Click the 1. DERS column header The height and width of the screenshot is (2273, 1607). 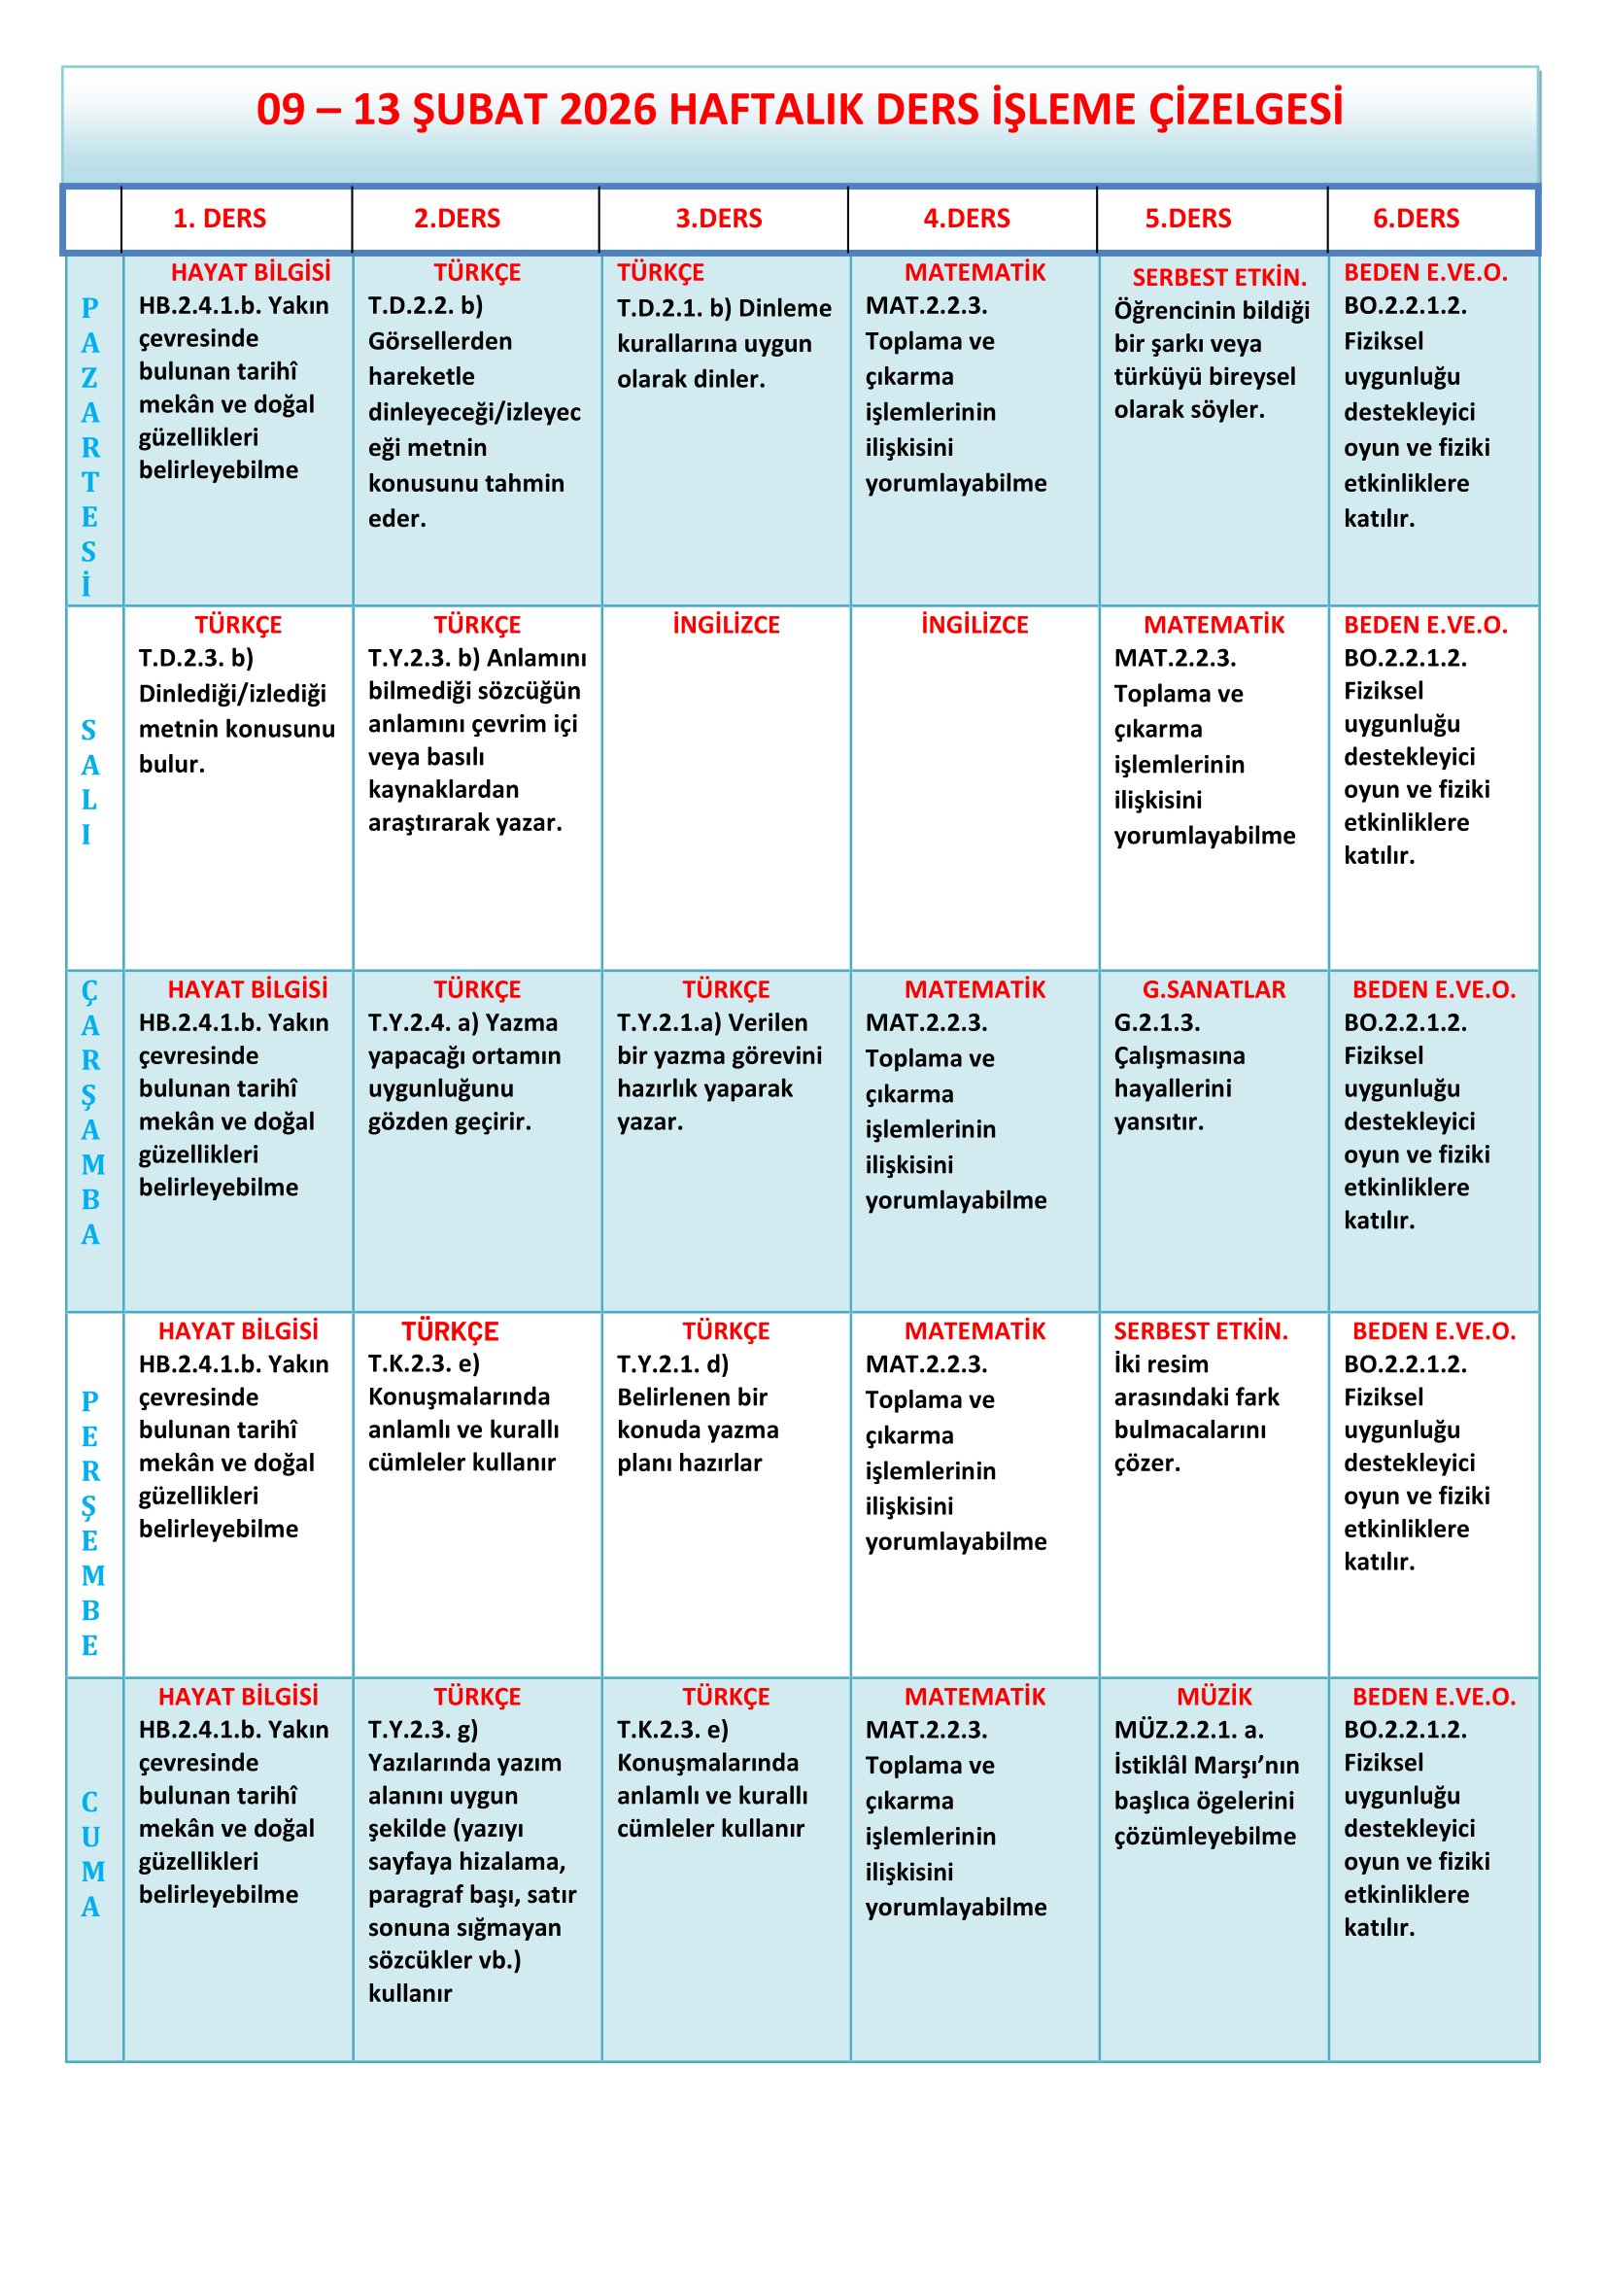tap(220, 219)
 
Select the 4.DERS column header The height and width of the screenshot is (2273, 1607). tap(966, 219)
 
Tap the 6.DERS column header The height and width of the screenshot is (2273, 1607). tap(1415, 219)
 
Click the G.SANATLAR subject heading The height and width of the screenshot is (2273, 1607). tap(1214, 989)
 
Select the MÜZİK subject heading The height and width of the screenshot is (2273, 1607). tap(1214, 1697)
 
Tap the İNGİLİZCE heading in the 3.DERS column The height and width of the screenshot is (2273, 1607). tap(726, 625)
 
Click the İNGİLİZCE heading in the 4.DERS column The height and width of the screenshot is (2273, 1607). tap(974, 625)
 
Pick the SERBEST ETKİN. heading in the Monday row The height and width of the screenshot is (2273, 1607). tap(1219, 277)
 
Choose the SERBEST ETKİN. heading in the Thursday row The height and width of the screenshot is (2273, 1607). tap(1200, 1331)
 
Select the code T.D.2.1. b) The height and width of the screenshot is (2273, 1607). tap(674, 308)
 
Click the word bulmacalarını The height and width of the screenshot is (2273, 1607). tap(1189, 1429)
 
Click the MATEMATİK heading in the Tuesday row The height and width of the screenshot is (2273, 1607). tap(1214, 625)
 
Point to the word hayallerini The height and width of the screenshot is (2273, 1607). tap(1173, 1089)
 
